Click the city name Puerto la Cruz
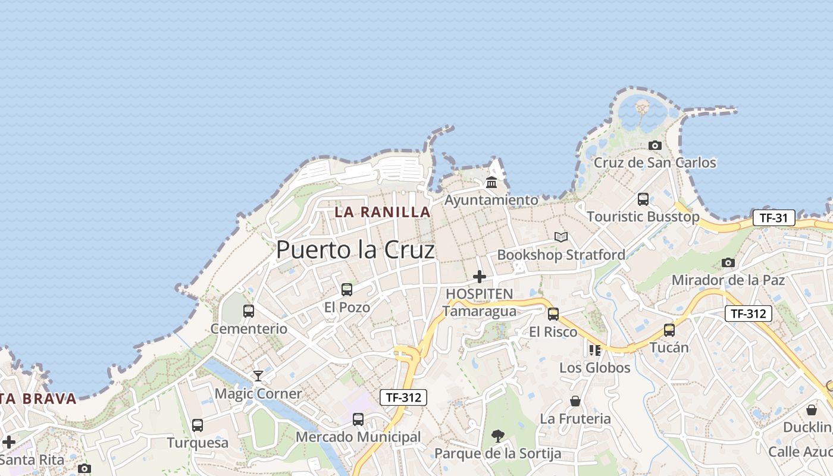click(x=355, y=250)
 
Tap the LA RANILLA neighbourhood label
click(x=383, y=212)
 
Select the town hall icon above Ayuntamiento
click(x=491, y=182)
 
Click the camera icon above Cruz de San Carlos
click(x=655, y=145)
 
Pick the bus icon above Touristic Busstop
click(x=643, y=199)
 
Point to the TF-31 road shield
click(x=773, y=218)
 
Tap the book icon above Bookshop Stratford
click(x=561, y=237)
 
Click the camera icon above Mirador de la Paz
click(x=728, y=262)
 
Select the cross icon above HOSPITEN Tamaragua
click(x=479, y=277)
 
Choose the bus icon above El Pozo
click(x=347, y=290)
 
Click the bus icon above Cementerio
click(x=249, y=311)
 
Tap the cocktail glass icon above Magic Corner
click(x=258, y=375)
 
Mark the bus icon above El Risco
click(x=553, y=314)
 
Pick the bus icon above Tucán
click(x=669, y=330)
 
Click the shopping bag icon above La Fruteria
click(x=575, y=401)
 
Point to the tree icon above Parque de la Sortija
click(x=497, y=436)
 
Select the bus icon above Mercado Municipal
click(x=358, y=419)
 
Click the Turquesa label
click(x=198, y=443)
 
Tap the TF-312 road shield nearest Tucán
click(x=748, y=314)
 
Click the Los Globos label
click(x=594, y=368)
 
